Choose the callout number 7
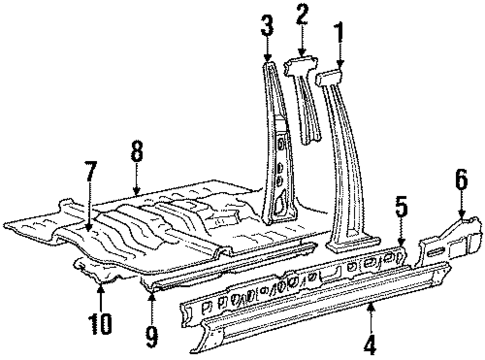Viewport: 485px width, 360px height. (x=91, y=171)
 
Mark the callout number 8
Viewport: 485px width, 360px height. (x=137, y=151)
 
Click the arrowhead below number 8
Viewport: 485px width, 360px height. (x=137, y=189)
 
